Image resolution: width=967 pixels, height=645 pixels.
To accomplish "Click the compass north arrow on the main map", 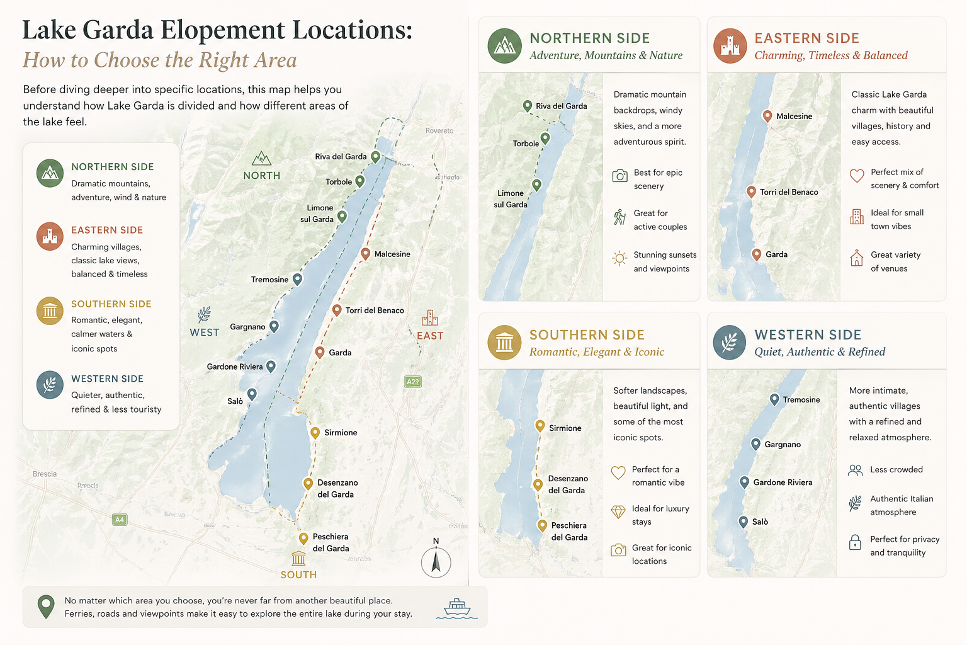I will (x=436, y=561).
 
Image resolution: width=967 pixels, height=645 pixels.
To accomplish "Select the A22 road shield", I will (x=412, y=382).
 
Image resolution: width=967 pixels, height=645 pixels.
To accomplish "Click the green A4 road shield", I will (x=120, y=520).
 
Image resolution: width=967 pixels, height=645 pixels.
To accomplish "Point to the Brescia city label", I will (x=45, y=474).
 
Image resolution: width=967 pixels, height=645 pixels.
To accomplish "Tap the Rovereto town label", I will (x=439, y=131).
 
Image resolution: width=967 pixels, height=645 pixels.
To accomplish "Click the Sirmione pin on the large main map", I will (x=315, y=432).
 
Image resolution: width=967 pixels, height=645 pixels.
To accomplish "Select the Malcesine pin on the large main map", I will (x=365, y=253).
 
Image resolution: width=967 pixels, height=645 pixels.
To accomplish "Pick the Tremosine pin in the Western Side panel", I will (x=774, y=399).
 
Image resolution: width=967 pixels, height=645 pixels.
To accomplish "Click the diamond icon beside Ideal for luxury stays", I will (x=618, y=512).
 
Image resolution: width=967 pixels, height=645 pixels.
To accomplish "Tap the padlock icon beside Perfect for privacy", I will (x=855, y=542).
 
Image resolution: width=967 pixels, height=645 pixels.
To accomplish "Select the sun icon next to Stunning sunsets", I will (x=620, y=258).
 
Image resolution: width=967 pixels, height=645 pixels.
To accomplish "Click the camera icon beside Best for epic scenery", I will (x=620, y=176).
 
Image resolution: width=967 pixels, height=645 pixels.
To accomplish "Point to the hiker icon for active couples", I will (x=620, y=217).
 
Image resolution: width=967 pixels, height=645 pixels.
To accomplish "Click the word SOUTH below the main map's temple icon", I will (x=298, y=574).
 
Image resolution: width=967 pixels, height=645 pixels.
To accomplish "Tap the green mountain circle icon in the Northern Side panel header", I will (x=504, y=45).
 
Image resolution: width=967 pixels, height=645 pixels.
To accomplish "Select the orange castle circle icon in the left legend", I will (x=50, y=237).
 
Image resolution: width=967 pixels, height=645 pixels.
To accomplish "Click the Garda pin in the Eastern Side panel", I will (x=757, y=254).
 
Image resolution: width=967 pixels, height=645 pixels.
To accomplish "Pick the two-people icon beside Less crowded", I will (x=855, y=470).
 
